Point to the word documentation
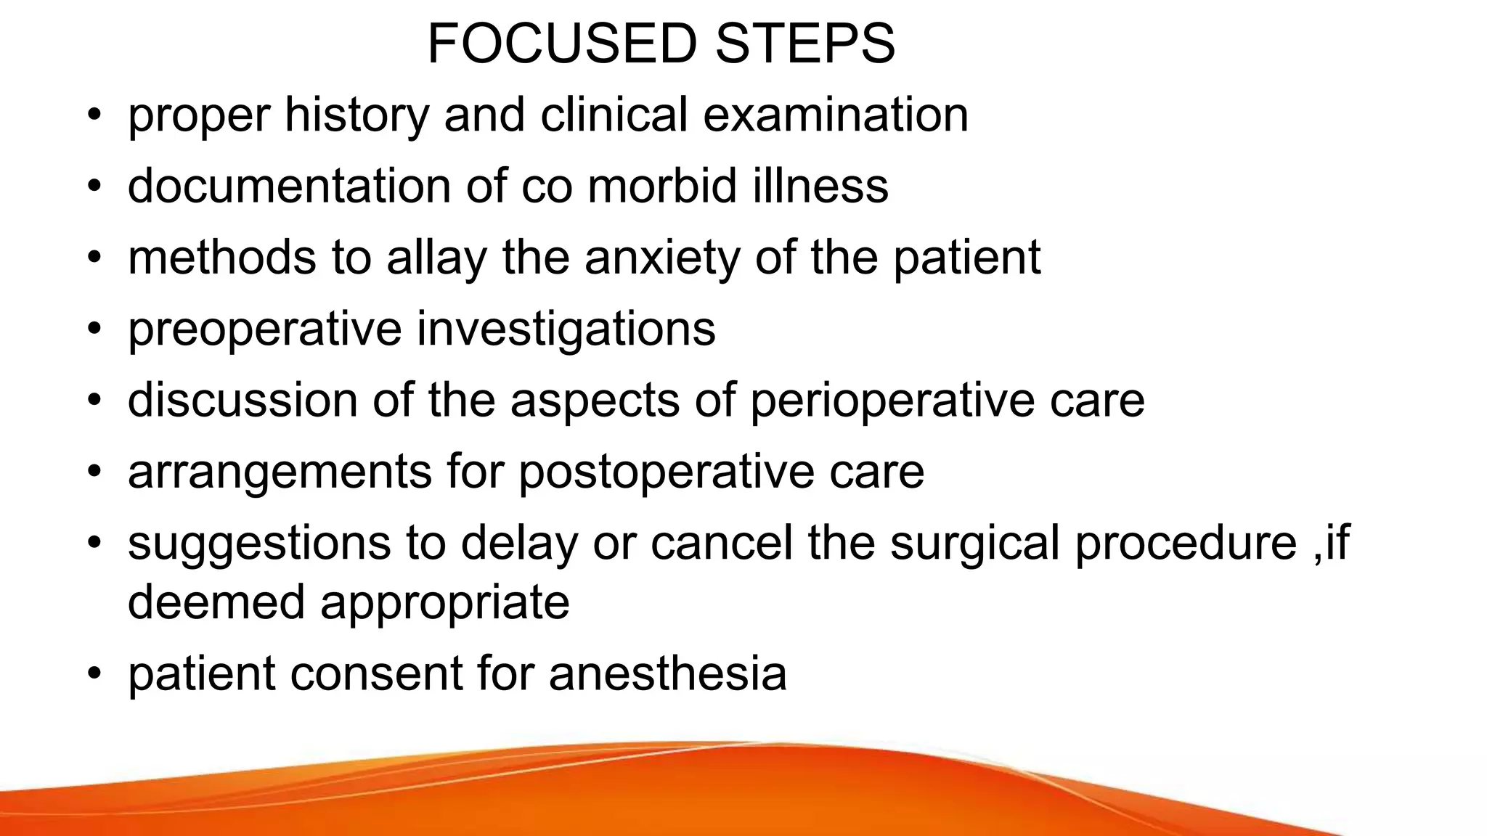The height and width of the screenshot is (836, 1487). pos(289,186)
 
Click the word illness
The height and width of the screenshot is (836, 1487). pos(820,186)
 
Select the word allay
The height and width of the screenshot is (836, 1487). pos(436,258)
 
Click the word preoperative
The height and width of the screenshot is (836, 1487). pos(264,329)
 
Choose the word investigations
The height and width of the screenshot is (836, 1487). pos(566,329)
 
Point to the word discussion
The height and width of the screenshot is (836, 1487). pos(243,400)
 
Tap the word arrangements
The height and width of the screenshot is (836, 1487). pos(280,472)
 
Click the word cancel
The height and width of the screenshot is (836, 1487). pos(722,543)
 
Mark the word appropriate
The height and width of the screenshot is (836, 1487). pos(444,603)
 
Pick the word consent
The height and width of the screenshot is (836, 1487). pos(375,673)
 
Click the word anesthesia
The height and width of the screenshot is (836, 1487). pos(667,673)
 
